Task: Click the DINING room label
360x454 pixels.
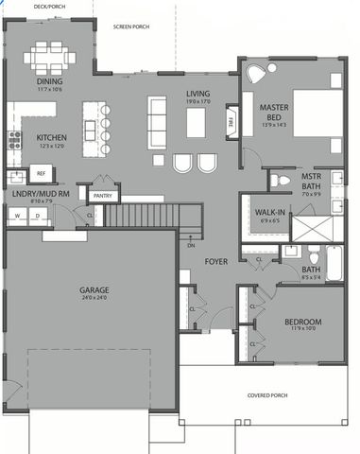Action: coord(49,81)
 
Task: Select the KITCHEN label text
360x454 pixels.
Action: coord(51,136)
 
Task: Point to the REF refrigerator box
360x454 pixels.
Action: coord(42,174)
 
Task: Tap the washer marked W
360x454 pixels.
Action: coord(17,216)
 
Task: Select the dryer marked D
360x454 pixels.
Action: coord(38,216)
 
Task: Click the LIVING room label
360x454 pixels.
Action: coord(197,94)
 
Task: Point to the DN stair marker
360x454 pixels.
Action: coord(191,244)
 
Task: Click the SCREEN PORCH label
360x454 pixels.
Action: coord(131,27)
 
